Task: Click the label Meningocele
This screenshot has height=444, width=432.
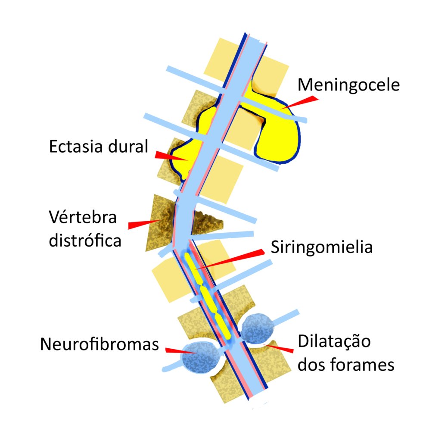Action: [349, 84]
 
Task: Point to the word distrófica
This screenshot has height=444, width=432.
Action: [85, 240]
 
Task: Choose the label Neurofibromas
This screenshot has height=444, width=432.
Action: [99, 344]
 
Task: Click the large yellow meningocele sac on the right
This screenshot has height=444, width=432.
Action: [278, 134]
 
